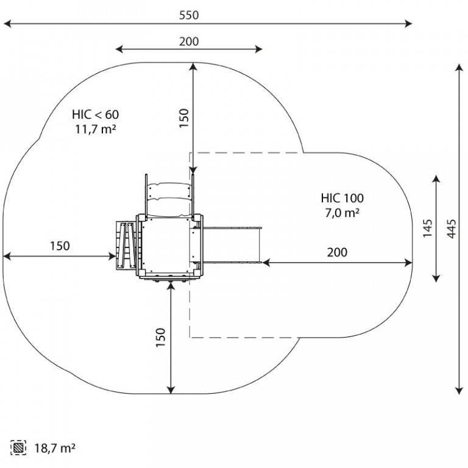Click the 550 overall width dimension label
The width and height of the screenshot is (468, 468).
[189, 15]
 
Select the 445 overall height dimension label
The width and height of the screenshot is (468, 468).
[452, 229]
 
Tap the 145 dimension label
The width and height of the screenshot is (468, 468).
[427, 229]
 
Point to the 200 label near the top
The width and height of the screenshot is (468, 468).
[189, 41]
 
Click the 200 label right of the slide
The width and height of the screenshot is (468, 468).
[337, 252]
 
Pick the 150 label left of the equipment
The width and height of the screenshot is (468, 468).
[60, 246]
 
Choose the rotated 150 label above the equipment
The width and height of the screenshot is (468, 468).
[184, 118]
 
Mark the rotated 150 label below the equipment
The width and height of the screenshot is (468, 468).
[161, 337]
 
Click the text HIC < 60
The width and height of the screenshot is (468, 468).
[95, 115]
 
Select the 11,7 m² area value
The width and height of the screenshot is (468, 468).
[95, 129]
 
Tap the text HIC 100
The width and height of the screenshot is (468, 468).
[342, 198]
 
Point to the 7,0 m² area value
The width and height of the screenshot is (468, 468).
[342, 213]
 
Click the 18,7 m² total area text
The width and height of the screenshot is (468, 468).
[55, 448]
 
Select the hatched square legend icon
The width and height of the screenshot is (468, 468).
[18, 448]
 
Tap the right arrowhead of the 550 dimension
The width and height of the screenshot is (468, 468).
[408, 24]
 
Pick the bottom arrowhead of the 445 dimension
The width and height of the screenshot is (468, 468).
[459, 391]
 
